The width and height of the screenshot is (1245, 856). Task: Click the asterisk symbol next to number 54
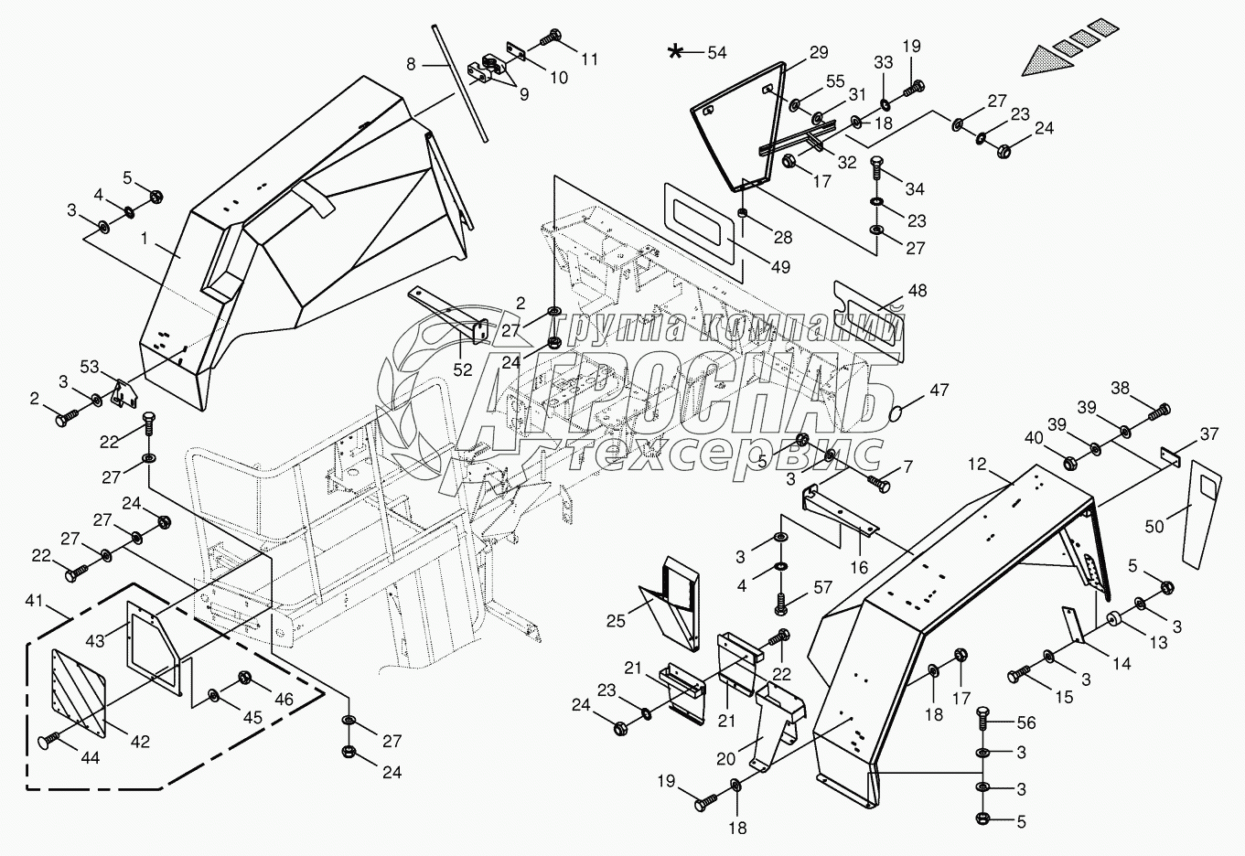click(x=676, y=51)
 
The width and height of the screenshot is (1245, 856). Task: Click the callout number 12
click(x=978, y=465)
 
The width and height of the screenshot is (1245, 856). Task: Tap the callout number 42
click(x=139, y=742)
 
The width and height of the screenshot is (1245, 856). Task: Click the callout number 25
click(x=616, y=621)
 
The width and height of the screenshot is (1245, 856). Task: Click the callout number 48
click(x=917, y=291)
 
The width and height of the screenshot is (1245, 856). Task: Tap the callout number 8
click(x=411, y=64)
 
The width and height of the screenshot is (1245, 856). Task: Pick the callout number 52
click(x=463, y=369)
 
